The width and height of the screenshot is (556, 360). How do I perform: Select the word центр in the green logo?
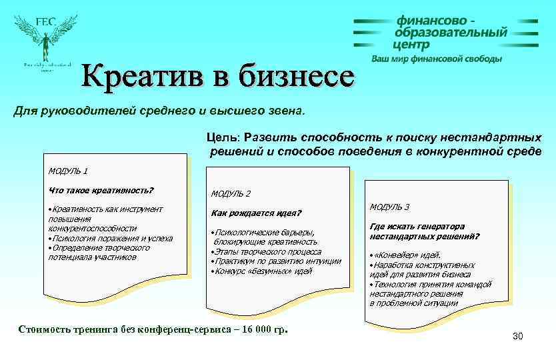point(412,45)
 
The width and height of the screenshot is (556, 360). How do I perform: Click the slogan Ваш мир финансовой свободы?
point(437,59)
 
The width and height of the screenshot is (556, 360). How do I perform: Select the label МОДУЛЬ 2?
point(231,193)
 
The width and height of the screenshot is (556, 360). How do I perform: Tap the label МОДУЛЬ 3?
point(390,207)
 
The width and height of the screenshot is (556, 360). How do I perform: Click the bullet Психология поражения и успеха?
point(111,238)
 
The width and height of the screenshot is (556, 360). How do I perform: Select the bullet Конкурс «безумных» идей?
point(261,271)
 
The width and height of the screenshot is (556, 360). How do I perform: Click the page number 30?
point(518,336)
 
